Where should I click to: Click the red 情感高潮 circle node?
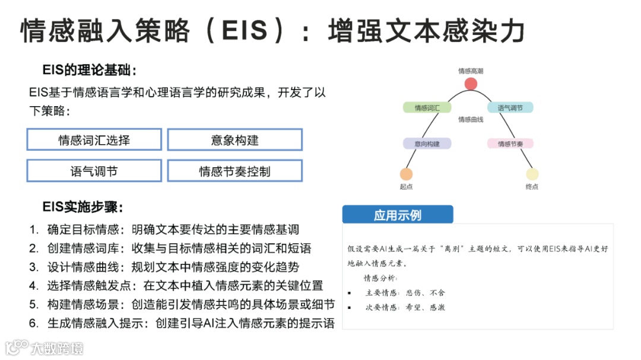[471, 84]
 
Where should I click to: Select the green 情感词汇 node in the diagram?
[427, 108]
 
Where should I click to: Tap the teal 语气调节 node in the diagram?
[510, 108]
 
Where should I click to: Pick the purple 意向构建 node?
[427, 144]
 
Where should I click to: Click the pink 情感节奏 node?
[510, 144]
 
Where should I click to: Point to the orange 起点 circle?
[406, 174]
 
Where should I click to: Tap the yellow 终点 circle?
[532, 174]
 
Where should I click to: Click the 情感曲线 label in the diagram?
[470, 120]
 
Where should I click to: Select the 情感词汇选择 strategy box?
[94, 140]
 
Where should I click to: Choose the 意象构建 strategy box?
[235, 140]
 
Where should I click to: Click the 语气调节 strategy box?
[94, 171]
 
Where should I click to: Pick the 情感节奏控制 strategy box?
[235, 171]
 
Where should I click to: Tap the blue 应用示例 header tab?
[398, 215]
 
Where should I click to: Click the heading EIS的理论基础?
[90, 71]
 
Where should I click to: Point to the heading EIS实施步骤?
[82, 207]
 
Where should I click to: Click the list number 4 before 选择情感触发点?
[34, 285]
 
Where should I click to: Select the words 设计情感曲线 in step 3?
[82, 267]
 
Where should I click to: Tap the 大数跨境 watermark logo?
[45, 348]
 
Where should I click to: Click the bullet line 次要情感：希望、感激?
[405, 307]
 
